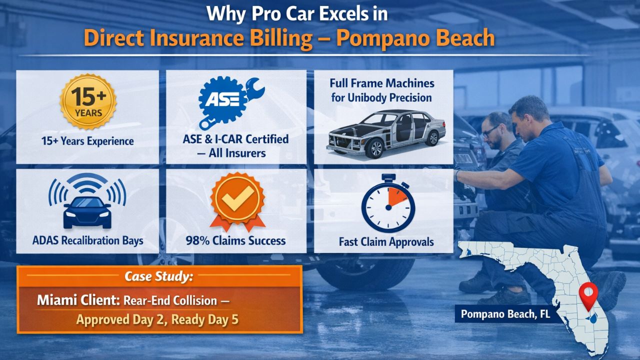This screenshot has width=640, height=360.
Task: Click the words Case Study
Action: (x=158, y=276)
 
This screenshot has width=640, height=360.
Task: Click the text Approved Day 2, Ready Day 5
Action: (x=157, y=319)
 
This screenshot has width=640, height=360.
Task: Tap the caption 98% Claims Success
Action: (x=236, y=240)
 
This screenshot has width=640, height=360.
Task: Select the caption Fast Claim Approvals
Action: (x=386, y=242)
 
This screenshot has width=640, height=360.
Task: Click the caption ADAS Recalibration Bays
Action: (x=87, y=240)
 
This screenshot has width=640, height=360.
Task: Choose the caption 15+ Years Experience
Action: (x=87, y=141)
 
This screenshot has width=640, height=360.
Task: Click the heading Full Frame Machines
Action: (x=382, y=83)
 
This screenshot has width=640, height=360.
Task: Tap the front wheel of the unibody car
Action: (x=373, y=148)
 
